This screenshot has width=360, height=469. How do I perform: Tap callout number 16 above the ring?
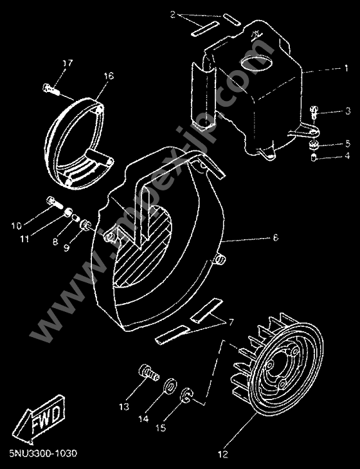pyautogui.click(x=108, y=77)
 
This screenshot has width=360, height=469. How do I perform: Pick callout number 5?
pyautogui.click(x=329, y=143)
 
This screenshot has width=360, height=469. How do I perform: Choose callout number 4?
pyautogui.click(x=329, y=155)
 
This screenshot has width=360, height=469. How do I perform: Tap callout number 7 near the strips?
pyautogui.click(x=231, y=320)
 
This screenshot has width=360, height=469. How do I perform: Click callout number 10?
pyautogui.click(x=16, y=225)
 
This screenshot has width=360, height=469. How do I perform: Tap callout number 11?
pyautogui.click(x=24, y=239)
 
